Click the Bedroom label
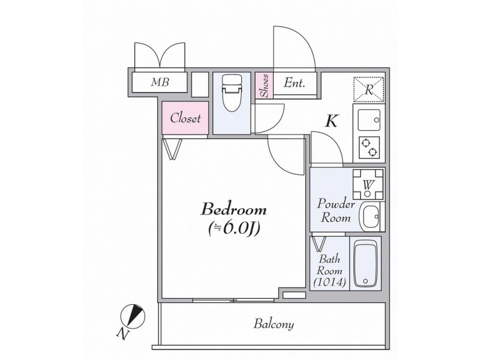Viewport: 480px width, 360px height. click(233, 209)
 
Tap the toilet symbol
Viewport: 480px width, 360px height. click(232, 93)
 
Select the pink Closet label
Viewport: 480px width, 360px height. click(185, 118)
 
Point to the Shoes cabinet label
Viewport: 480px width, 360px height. click(265, 86)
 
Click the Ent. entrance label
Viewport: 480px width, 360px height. click(295, 83)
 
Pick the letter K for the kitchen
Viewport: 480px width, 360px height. click(331, 121)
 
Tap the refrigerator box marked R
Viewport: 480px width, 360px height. click(368, 89)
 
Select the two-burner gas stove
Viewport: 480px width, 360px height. click(369, 147)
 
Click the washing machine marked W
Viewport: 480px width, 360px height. click(368, 185)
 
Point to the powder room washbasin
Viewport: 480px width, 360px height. click(371, 217)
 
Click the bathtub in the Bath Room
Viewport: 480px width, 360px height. click(365, 263)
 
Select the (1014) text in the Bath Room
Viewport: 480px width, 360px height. click(329, 281)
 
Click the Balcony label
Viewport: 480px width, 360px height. click(274, 324)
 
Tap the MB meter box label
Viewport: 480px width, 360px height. click(160, 82)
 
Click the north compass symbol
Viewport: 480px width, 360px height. click(132, 316)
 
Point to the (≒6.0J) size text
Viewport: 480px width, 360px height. click(233, 227)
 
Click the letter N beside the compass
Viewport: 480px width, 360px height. click(122, 334)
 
